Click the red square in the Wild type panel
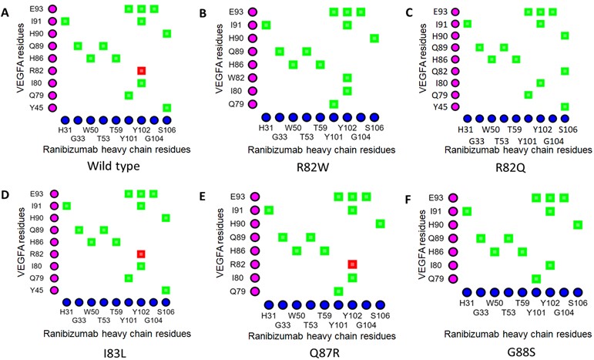point(141,70)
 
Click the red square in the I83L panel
point(141,254)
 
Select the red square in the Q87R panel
point(352,264)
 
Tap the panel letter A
point(5,13)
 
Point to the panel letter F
point(408,200)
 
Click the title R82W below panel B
point(313,167)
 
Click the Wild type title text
point(113,166)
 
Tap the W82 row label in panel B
point(236,78)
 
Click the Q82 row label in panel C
point(440,71)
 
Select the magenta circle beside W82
point(253,78)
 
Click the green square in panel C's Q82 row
point(565,71)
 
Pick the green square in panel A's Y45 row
point(166,108)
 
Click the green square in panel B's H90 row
point(374,38)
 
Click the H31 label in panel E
point(269,315)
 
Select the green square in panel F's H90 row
point(578,225)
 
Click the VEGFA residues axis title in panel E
point(221,243)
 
